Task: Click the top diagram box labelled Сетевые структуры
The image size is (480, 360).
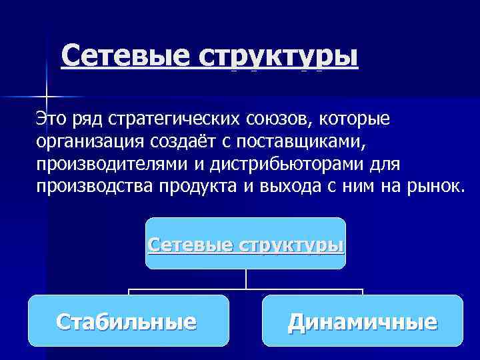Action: point(246,244)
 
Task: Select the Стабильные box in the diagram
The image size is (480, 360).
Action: point(128,321)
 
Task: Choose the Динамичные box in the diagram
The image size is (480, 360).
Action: point(362,321)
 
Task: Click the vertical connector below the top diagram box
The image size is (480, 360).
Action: point(246,279)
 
